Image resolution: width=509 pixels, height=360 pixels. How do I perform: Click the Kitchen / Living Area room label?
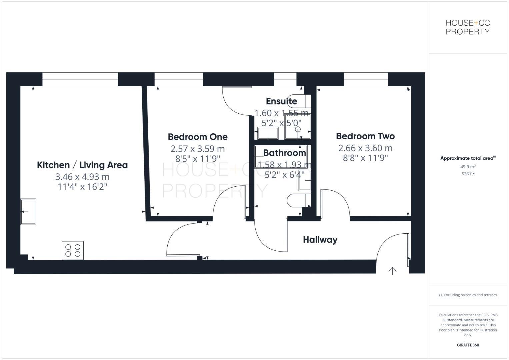[82, 165]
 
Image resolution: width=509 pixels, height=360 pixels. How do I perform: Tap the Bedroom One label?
[198, 137]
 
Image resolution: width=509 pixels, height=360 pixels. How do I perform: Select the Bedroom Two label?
[365, 136]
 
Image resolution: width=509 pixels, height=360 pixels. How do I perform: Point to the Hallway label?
[320, 240]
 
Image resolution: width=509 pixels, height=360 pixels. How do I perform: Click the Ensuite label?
[281, 101]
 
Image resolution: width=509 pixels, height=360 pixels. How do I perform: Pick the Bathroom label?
[284, 153]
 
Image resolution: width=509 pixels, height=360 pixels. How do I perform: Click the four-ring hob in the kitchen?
[73, 250]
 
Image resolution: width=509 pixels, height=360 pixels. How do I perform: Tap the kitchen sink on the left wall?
[28, 212]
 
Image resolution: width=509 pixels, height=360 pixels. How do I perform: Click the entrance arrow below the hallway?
[392, 271]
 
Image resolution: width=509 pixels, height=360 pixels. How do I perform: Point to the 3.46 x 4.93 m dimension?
[82, 177]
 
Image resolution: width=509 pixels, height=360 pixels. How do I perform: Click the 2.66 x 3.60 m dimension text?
[365, 148]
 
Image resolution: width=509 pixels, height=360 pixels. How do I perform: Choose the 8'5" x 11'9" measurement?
[198, 159]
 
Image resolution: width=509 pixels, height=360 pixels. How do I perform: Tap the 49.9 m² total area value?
[468, 167]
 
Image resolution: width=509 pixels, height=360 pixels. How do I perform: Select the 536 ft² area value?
[468, 174]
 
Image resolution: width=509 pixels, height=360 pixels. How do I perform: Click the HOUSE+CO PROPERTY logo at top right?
[468, 27]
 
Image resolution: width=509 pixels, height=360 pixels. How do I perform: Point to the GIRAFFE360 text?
[468, 345]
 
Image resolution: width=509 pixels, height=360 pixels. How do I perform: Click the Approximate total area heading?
[468, 158]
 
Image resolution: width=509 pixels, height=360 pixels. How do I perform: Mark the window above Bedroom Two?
[366, 79]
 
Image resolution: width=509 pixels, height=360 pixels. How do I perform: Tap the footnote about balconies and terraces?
[468, 295]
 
